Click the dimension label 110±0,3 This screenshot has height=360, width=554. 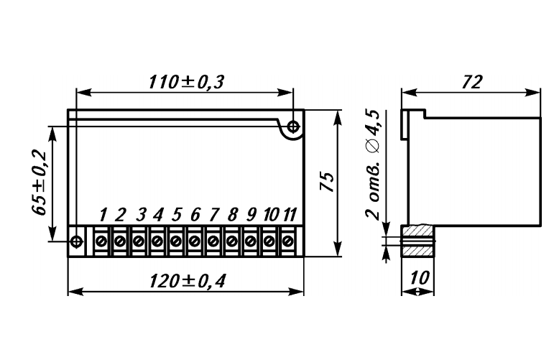[186, 82]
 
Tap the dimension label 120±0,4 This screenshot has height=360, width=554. [187, 281]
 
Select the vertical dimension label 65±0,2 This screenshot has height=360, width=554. [39, 183]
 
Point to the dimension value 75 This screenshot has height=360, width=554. [327, 183]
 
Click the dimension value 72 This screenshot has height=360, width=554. [471, 82]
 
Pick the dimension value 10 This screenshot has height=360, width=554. [420, 277]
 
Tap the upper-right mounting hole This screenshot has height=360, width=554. [293, 126]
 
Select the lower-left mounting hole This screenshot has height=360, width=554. [77, 241]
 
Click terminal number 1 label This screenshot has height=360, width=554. [103, 214]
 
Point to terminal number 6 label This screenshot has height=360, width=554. [195, 214]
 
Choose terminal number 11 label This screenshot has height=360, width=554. [290, 214]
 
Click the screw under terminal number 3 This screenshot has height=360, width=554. [139, 241]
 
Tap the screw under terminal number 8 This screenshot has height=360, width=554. [231, 241]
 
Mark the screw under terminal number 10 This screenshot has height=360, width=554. [269, 241]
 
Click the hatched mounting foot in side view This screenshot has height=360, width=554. [417, 241]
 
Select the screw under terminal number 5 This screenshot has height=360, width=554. [175, 241]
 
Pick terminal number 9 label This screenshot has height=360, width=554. [251, 214]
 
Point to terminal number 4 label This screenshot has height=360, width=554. [158, 214]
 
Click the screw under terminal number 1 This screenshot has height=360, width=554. [101, 241]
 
